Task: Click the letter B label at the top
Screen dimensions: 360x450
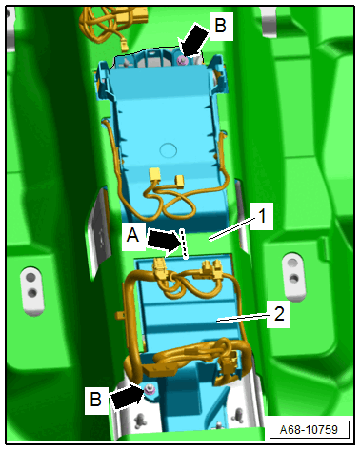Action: [220, 26]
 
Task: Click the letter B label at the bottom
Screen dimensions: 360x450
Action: [96, 399]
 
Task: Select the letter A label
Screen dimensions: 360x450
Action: [133, 236]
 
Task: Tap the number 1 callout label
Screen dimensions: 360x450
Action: [262, 217]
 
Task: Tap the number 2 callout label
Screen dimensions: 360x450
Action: [279, 314]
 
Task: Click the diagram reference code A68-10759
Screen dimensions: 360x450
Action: [309, 430]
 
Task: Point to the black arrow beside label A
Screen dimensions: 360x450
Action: [163, 242]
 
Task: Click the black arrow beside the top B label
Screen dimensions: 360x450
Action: [193, 41]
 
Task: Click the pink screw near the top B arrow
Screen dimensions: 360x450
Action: [183, 60]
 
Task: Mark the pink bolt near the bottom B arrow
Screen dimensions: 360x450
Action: [150, 390]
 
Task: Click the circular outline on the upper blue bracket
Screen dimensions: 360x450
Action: [169, 150]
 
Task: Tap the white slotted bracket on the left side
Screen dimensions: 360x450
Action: [31, 291]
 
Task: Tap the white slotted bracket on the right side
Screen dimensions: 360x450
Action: [294, 277]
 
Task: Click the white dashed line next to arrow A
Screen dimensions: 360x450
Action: [185, 244]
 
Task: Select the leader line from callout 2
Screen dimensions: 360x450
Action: [242, 318]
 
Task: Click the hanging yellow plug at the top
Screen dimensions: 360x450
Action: [124, 46]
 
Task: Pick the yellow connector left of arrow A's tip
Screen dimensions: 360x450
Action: [159, 265]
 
